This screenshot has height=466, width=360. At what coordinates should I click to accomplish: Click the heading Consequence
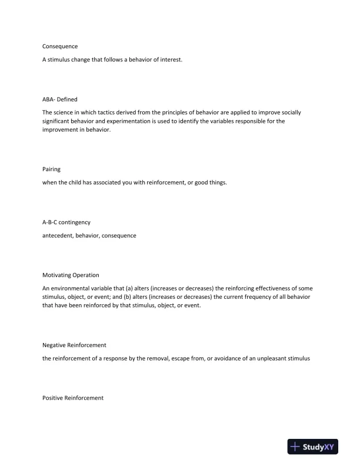pyautogui.click(x=60, y=46)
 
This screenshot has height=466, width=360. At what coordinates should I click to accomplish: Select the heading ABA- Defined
pyautogui.click(x=60, y=99)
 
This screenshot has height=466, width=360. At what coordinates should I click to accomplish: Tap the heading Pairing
pyautogui.click(x=52, y=169)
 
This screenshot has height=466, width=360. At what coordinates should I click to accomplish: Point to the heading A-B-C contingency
pyautogui.click(x=66, y=222)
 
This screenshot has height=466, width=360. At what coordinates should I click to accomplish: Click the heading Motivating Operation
pyautogui.click(x=71, y=275)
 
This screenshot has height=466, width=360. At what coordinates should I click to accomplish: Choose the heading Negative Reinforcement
pyautogui.click(x=74, y=344)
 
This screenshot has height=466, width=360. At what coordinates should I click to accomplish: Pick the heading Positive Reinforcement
pyautogui.click(x=73, y=398)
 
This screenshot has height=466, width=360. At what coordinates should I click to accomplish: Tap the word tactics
pyautogui.click(x=108, y=112)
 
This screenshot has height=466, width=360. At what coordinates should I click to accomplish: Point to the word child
pyautogui.click(x=76, y=182)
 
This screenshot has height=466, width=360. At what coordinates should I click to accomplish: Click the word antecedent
pyautogui.click(x=58, y=235)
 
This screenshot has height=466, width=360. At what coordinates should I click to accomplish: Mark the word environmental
pyautogui.click(x=74, y=288)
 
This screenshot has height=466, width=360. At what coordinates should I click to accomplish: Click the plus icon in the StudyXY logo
pyautogui.click(x=295, y=447)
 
